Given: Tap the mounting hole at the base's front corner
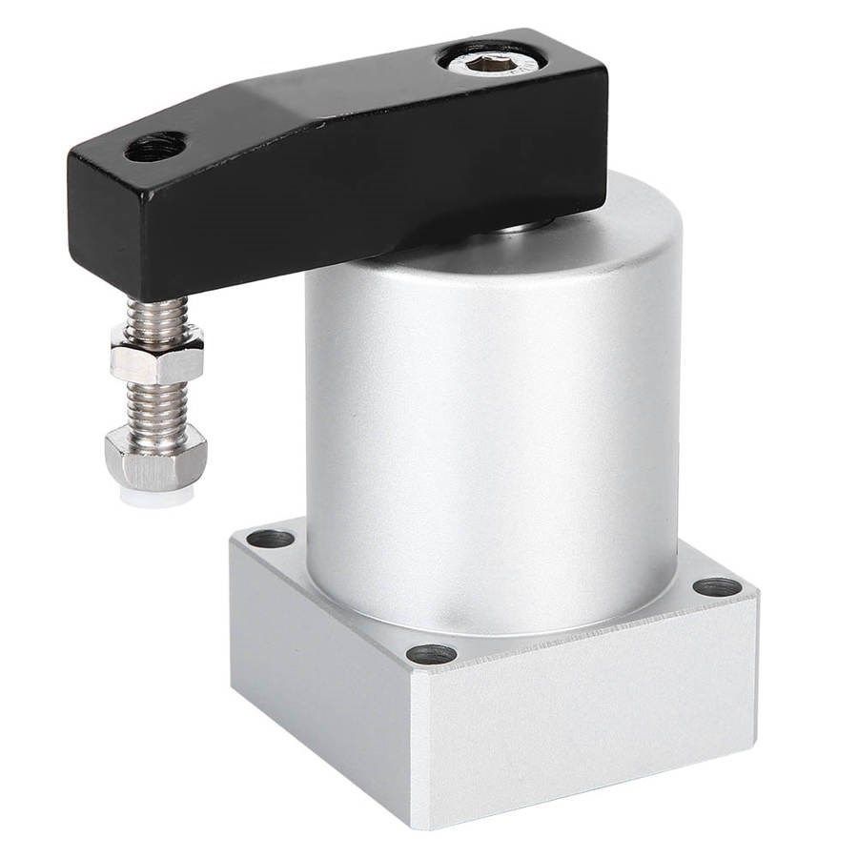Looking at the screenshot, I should (x=431, y=654).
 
